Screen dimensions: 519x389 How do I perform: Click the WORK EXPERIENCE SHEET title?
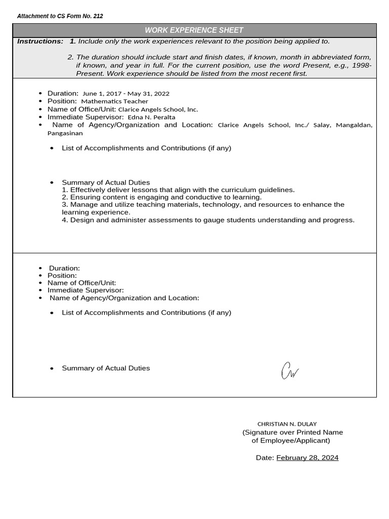[194, 30]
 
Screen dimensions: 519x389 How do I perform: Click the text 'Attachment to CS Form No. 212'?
[60, 16]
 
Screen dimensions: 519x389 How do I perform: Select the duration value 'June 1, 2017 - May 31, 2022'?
[126, 94]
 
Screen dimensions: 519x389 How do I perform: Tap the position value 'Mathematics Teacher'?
[114, 101]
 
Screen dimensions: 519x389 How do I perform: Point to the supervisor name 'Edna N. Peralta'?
[151, 117]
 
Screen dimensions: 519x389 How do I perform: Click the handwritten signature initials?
[289, 371]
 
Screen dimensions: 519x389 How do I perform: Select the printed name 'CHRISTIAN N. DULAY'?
[287, 424]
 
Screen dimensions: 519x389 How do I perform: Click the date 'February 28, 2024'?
[307, 458]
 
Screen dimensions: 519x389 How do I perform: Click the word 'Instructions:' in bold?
[41, 41]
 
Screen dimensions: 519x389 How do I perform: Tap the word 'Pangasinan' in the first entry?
[65, 133]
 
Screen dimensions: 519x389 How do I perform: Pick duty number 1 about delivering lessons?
[178, 190]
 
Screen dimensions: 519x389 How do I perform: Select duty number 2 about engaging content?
[162, 197]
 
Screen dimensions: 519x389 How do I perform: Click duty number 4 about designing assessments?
[208, 220]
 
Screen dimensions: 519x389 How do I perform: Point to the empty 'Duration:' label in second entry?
[64, 268]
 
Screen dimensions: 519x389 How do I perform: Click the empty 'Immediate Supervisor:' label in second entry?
[86, 290]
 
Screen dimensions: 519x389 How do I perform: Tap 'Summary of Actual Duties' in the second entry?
[106, 368]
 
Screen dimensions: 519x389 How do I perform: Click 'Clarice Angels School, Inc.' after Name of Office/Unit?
[158, 109]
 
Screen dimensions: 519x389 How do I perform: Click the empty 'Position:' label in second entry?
[62, 276]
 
